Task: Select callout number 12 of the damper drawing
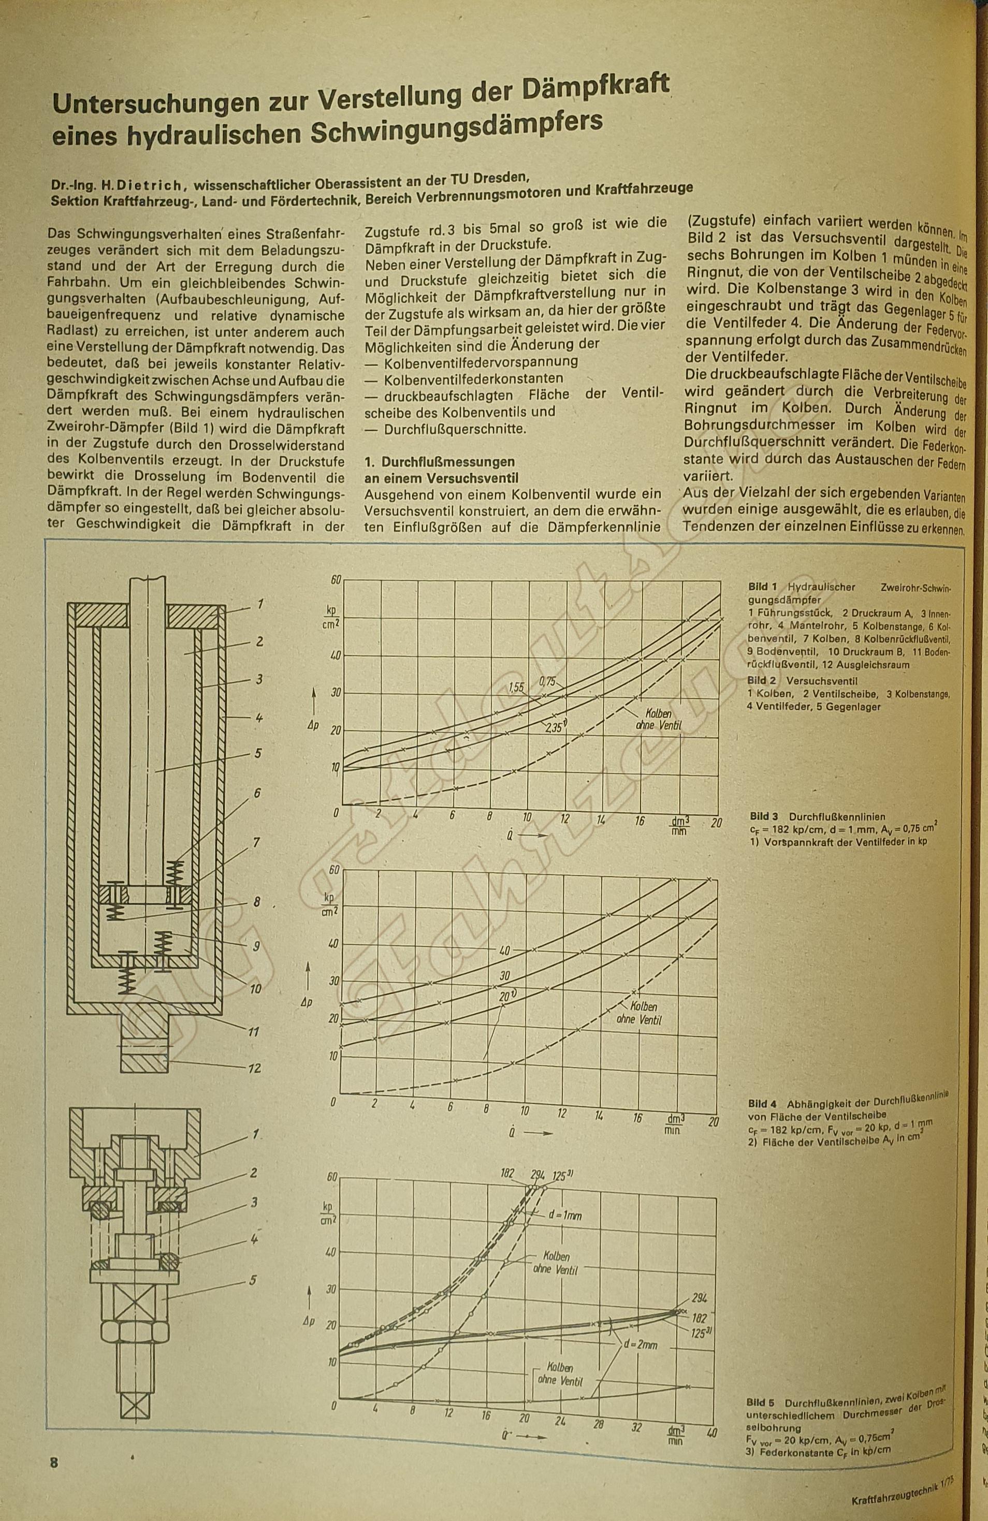[x=254, y=1068]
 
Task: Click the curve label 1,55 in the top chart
[x=516, y=688]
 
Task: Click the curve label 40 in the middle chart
[x=504, y=951]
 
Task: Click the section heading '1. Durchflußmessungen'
[x=439, y=461]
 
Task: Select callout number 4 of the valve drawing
[x=254, y=1238]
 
